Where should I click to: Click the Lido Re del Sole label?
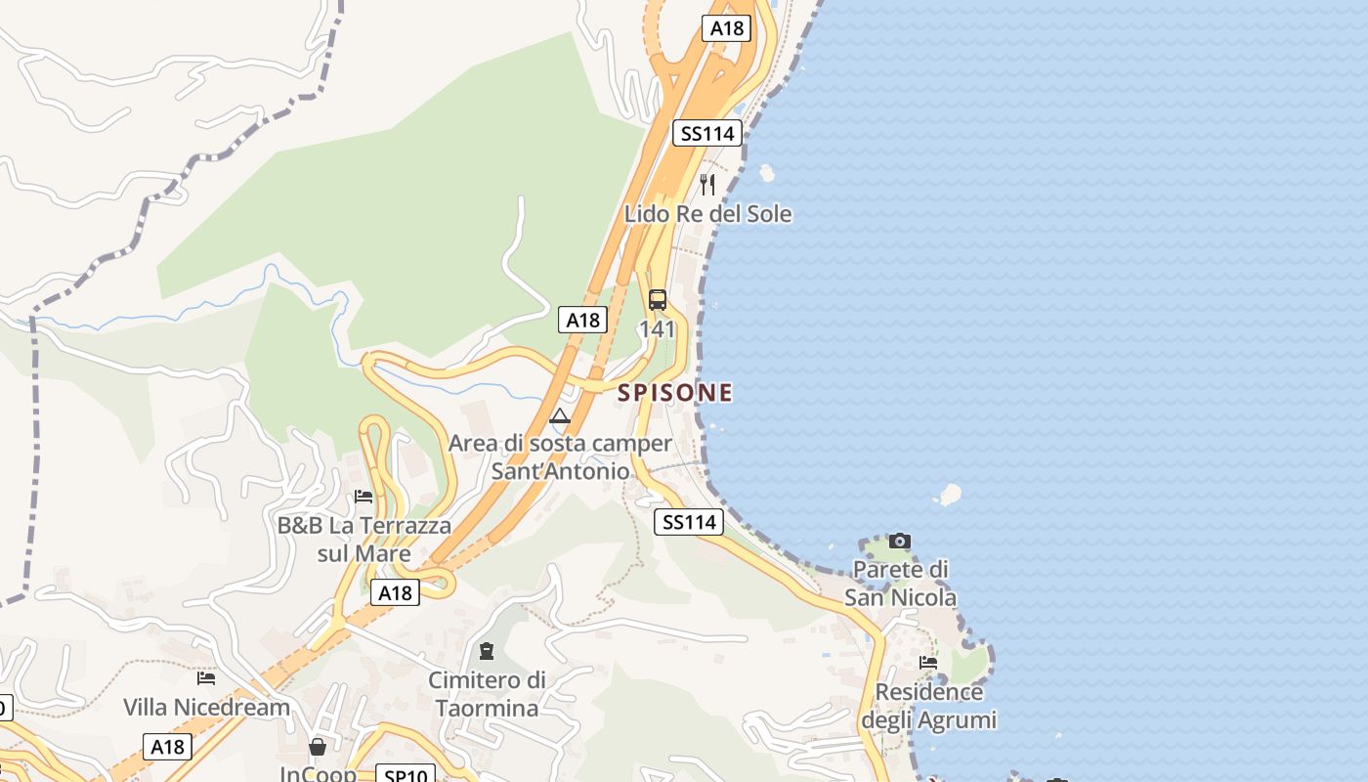pos(707,214)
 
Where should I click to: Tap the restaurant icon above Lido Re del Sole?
pos(707,184)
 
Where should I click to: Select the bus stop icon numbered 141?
pos(658,300)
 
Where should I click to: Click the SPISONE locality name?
pos(674,393)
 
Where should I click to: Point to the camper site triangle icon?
pos(560,417)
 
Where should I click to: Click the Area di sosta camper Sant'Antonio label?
pos(560,456)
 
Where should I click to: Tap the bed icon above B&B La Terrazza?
pos(363,497)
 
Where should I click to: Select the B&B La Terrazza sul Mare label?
pos(364,540)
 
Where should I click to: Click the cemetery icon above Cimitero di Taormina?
pos(487,651)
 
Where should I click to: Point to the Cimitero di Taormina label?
pos(487,693)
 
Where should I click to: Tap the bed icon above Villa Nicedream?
pos(206,677)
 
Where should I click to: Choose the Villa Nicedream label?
pos(206,707)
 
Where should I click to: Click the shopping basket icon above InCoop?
pos(318,748)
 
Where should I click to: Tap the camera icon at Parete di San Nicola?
pos(900,541)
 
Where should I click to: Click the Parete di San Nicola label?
pos(900,583)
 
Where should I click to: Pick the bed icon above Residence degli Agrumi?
pos(928,663)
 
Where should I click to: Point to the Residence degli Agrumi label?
pos(928,706)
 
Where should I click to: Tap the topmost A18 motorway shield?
pos(726,27)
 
